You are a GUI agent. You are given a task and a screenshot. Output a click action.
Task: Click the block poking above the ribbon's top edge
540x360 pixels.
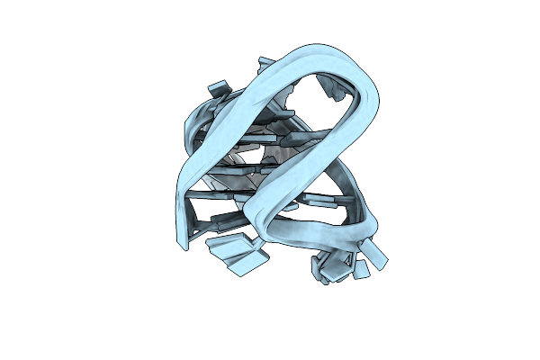267,64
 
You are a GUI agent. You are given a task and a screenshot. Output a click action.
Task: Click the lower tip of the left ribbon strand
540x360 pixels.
184,245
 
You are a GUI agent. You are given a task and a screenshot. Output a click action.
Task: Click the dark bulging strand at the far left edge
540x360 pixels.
192,135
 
